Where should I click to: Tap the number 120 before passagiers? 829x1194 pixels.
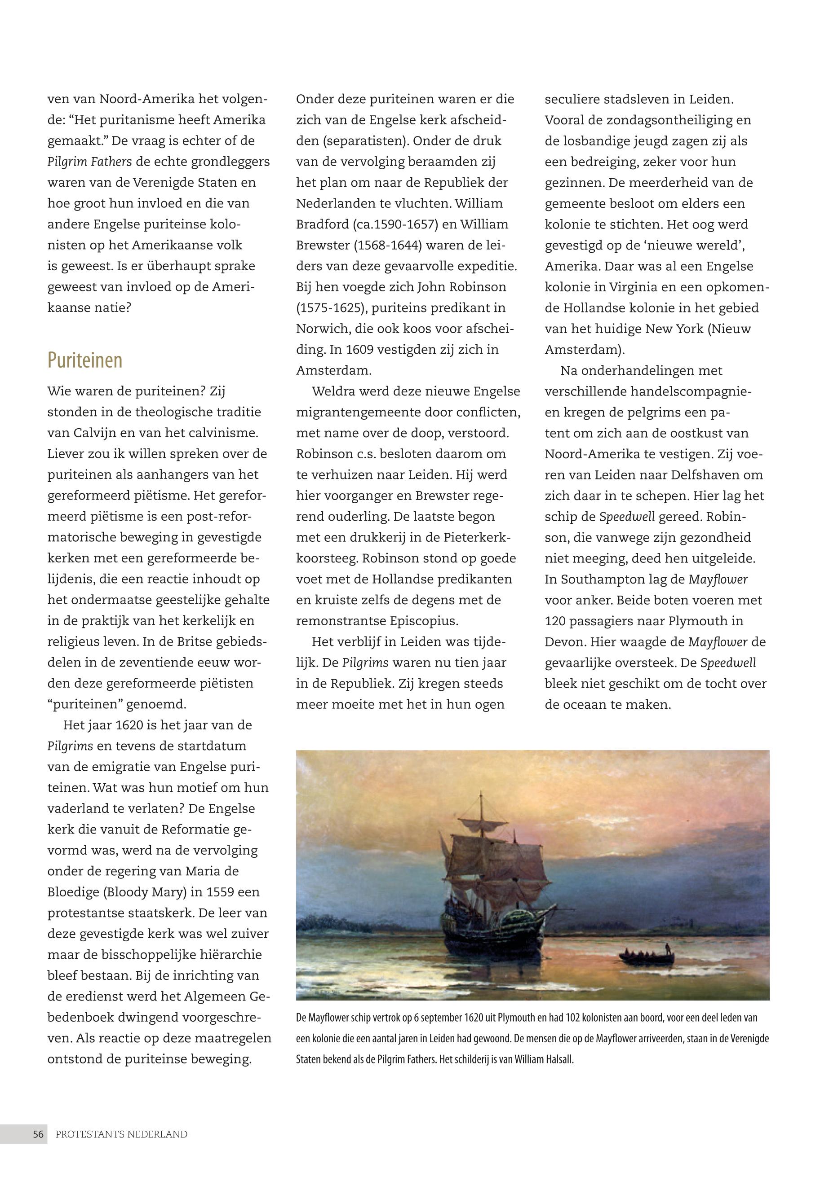click(556, 621)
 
